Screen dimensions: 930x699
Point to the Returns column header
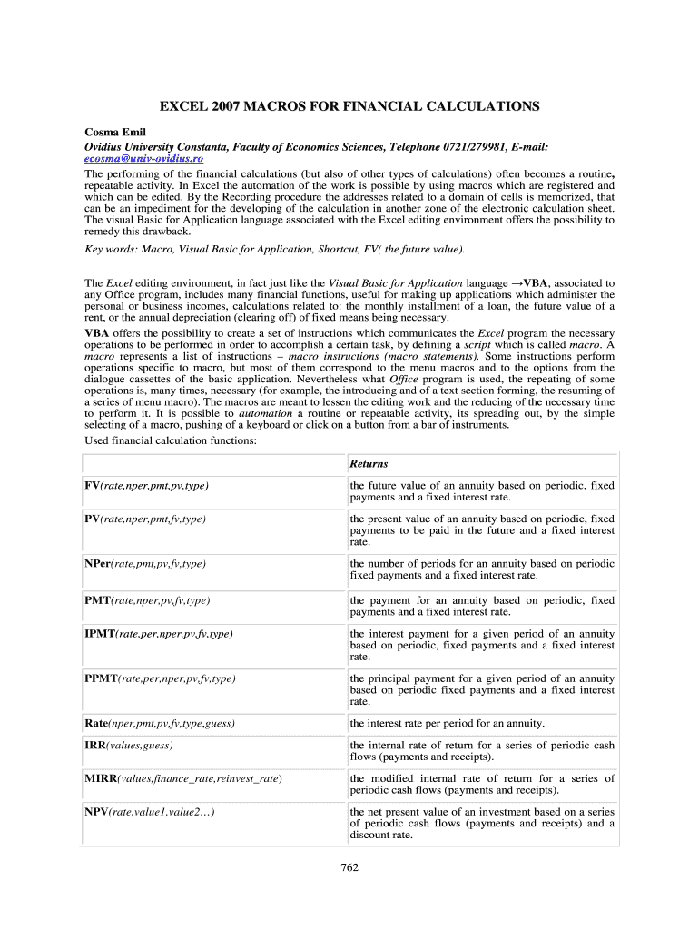(x=369, y=464)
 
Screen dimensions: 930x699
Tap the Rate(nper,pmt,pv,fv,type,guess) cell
(x=160, y=724)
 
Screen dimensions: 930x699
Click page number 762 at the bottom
(x=349, y=867)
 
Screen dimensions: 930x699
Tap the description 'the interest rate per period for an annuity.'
(x=448, y=724)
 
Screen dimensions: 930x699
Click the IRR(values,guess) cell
(x=129, y=746)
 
